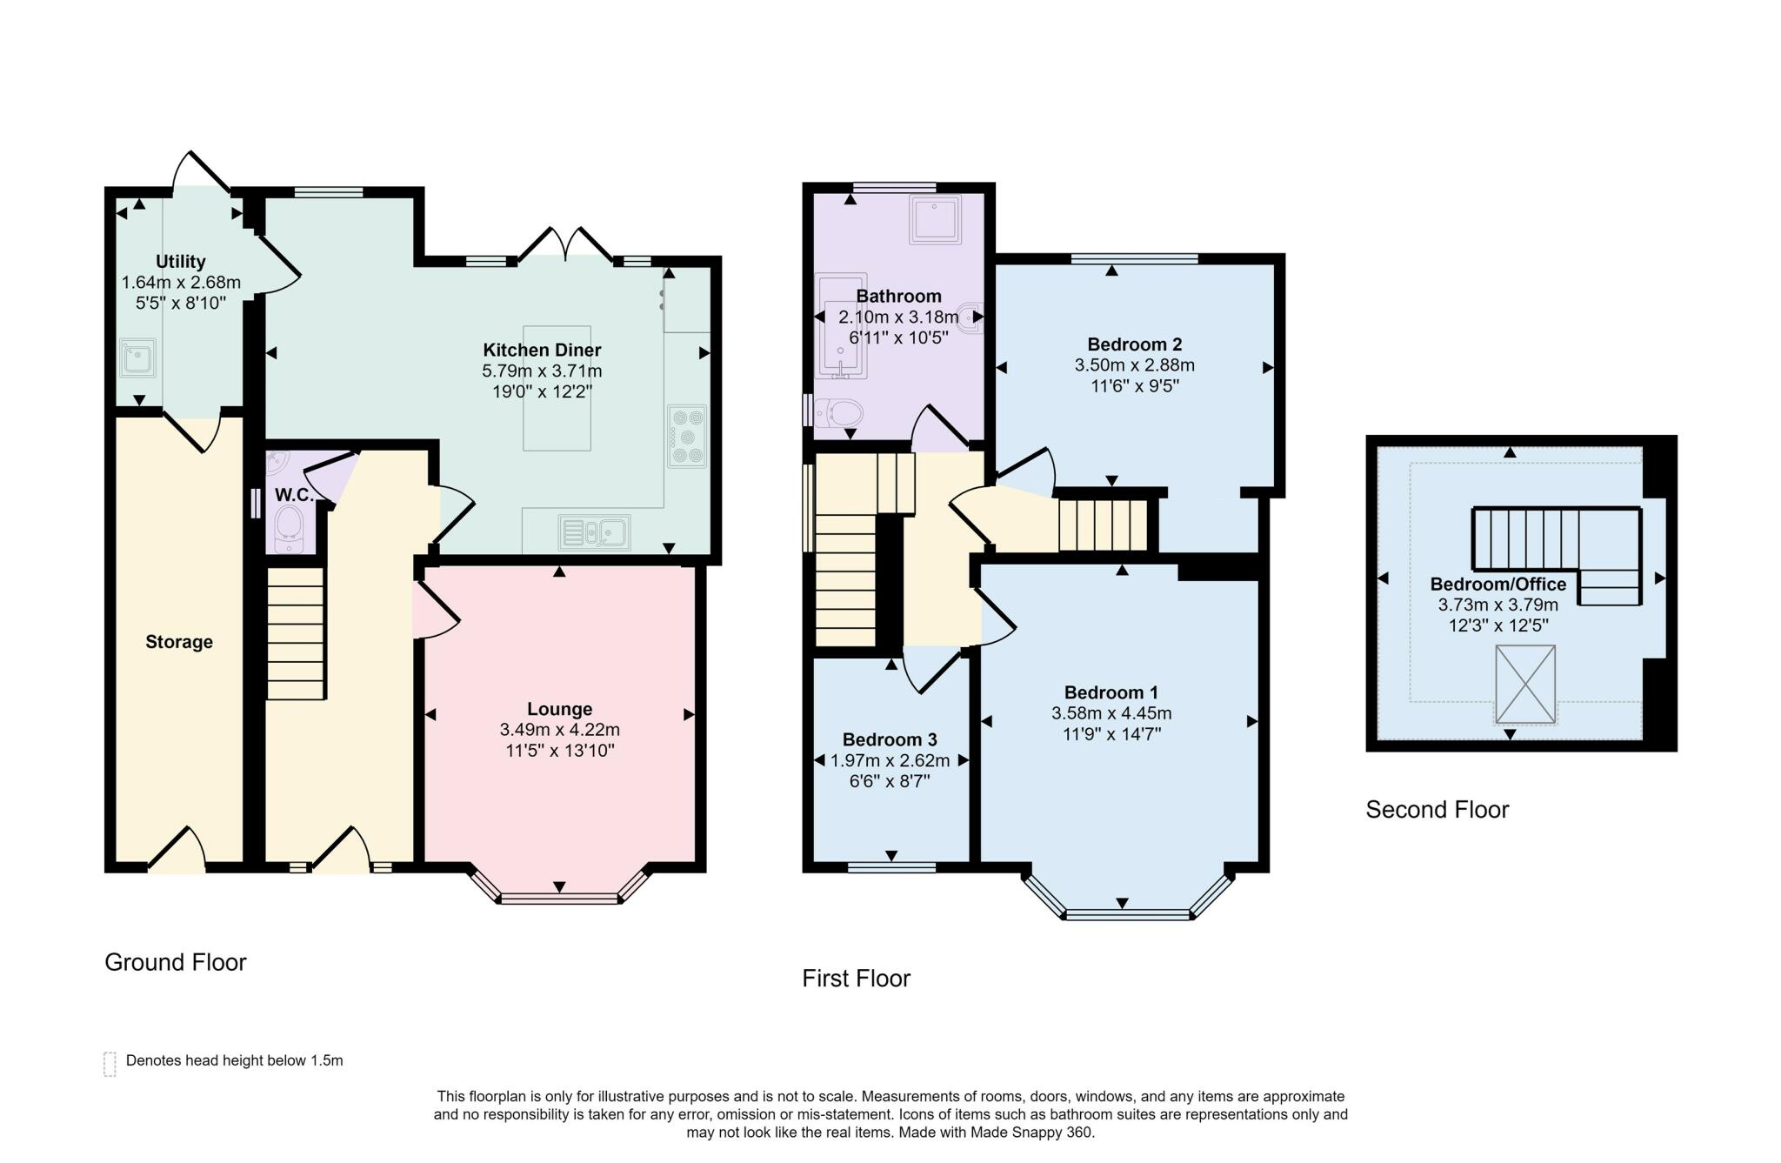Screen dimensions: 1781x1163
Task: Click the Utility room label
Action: [x=181, y=261]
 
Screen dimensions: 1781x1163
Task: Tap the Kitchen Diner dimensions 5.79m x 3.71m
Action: [x=542, y=371]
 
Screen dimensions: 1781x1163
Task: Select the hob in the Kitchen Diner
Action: [x=687, y=436]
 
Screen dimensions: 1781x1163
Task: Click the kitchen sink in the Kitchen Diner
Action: [x=595, y=531]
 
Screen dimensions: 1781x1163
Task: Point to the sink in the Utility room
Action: [x=137, y=358]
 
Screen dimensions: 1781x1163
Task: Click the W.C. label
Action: [x=294, y=495]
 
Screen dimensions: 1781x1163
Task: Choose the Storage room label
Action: [x=179, y=642]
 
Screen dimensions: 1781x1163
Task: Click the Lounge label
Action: [x=560, y=709]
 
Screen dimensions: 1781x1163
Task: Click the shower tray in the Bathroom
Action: [x=936, y=219]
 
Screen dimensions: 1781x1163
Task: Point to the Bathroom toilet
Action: [x=835, y=411]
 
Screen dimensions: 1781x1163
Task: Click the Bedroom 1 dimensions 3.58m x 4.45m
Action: [x=1111, y=713]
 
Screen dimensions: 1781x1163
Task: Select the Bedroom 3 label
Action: [x=890, y=739]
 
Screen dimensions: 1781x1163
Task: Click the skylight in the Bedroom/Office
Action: [x=1525, y=684]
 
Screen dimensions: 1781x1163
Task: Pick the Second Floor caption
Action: [x=1437, y=810]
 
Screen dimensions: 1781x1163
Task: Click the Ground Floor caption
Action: [x=176, y=962]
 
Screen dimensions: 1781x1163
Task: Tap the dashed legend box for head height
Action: [x=110, y=1064]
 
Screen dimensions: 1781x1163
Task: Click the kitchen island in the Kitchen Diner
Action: [x=557, y=388]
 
